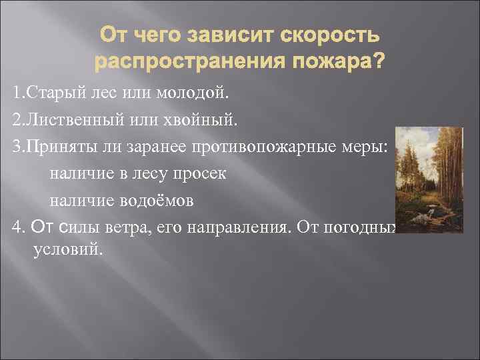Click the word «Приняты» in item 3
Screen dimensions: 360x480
coord(57,147)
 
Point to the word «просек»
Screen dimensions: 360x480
coord(200,174)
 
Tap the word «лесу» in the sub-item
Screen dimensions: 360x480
coord(147,174)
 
